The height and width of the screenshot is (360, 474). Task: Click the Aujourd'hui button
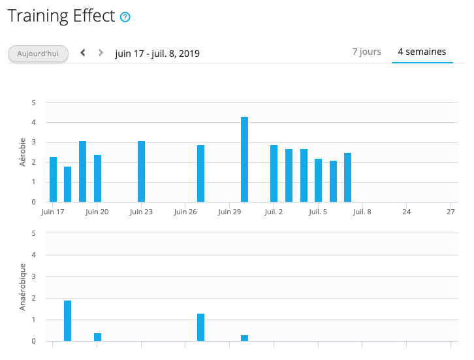(38, 53)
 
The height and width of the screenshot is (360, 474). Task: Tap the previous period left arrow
(83, 52)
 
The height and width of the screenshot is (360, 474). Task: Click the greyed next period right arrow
(101, 52)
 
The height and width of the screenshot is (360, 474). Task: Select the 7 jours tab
(366, 52)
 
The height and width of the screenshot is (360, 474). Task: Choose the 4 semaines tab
(422, 52)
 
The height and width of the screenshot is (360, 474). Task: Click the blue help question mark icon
(125, 17)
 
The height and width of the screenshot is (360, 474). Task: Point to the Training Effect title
(61, 16)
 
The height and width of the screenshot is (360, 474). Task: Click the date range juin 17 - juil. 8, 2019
(157, 53)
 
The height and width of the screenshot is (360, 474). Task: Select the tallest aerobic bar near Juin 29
(244, 159)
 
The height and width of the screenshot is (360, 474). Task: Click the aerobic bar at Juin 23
(141, 171)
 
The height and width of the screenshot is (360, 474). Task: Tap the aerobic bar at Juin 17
(53, 179)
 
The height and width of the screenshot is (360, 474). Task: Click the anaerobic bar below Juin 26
(200, 327)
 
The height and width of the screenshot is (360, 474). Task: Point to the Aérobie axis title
(23, 152)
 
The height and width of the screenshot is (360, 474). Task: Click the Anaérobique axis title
(23, 286)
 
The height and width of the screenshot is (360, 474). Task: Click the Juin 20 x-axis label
(97, 212)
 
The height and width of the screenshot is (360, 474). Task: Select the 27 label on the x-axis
(450, 212)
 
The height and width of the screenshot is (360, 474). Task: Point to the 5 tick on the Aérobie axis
(33, 103)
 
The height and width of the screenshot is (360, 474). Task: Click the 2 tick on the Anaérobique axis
(33, 298)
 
